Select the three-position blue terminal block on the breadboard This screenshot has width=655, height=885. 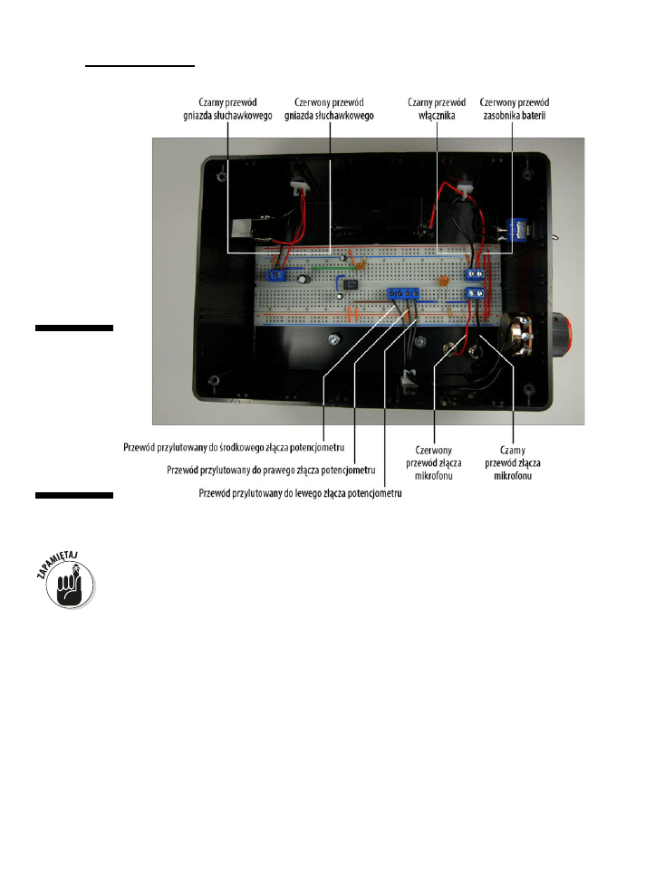[x=403, y=295]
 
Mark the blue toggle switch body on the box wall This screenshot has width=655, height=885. [x=519, y=229]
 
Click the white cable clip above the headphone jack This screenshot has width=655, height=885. [x=297, y=186]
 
